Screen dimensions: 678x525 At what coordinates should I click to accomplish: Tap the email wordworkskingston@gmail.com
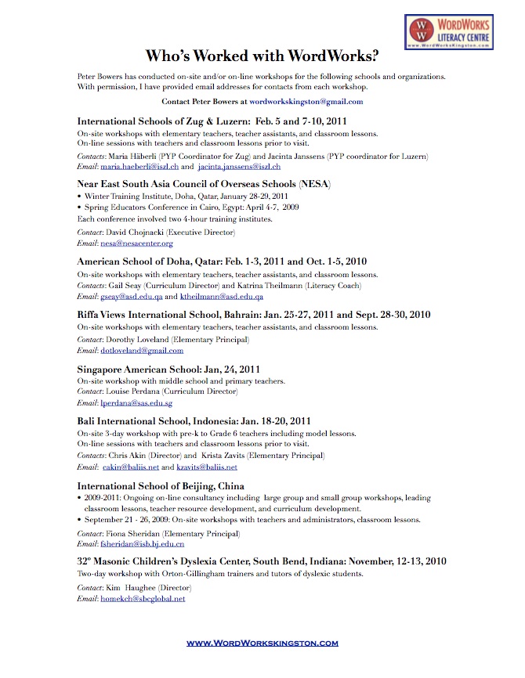click(x=306, y=102)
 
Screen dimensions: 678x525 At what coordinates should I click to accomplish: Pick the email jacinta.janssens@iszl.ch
click(x=239, y=167)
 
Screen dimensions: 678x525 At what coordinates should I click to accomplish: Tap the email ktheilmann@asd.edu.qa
click(x=221, y=297)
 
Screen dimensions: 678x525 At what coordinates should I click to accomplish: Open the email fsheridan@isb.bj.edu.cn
click(x=142, y=543)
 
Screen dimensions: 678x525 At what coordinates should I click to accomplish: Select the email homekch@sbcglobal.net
click(x=143, y=598)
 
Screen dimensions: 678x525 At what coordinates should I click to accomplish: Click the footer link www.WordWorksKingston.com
click(x=262, y=643)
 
